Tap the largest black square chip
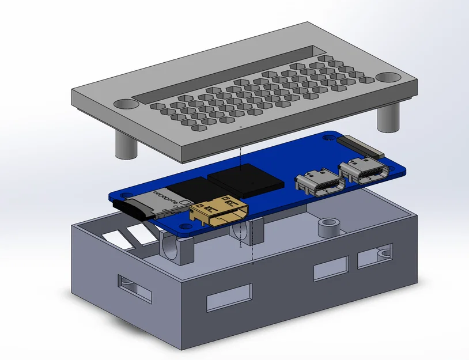pos(246,178)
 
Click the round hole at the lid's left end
pos(125,104)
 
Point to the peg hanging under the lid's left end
pos(124,145)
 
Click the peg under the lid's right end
pos(388,118)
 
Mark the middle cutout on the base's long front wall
pos(330,268)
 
